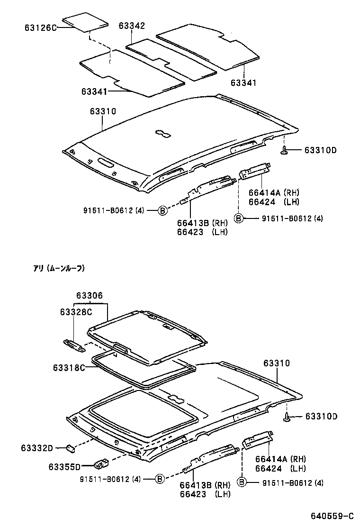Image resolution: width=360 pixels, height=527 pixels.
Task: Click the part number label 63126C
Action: [x=40, y=28]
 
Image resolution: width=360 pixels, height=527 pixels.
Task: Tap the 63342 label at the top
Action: [x=132, y=26]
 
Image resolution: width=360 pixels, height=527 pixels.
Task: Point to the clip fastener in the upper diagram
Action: [x=285, y=150]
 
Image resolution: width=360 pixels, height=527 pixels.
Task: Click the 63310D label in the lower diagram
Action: [x=321, y=417]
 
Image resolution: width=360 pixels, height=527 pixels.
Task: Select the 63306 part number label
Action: [x=90, y=295]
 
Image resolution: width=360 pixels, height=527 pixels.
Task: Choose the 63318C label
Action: [x=69, y=368]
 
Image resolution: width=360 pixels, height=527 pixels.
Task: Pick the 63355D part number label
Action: [x=64, y=467]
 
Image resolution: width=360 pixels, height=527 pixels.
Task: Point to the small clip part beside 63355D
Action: [x=100, y=462]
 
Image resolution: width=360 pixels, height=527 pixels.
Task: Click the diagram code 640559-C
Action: [x=332, y=516]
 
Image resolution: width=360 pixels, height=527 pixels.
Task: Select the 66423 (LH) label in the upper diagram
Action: [x=202, y=232]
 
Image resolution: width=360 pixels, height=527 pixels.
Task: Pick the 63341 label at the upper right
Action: [x=243, y=83]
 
